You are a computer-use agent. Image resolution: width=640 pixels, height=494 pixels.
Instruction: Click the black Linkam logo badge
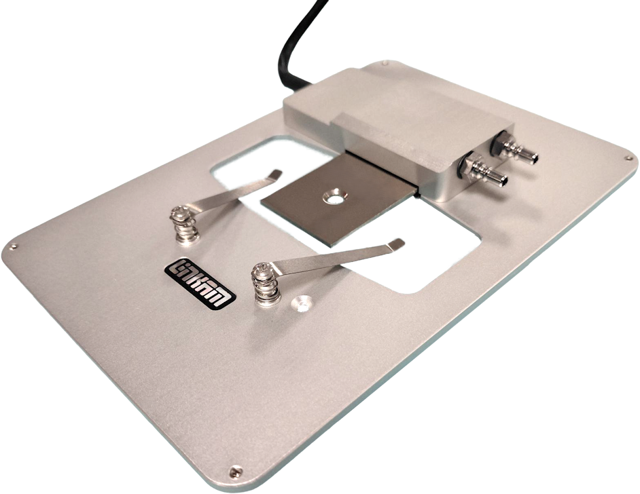click(200, 283)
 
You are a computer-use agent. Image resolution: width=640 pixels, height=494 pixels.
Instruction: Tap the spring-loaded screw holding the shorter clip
click(184, 225)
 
